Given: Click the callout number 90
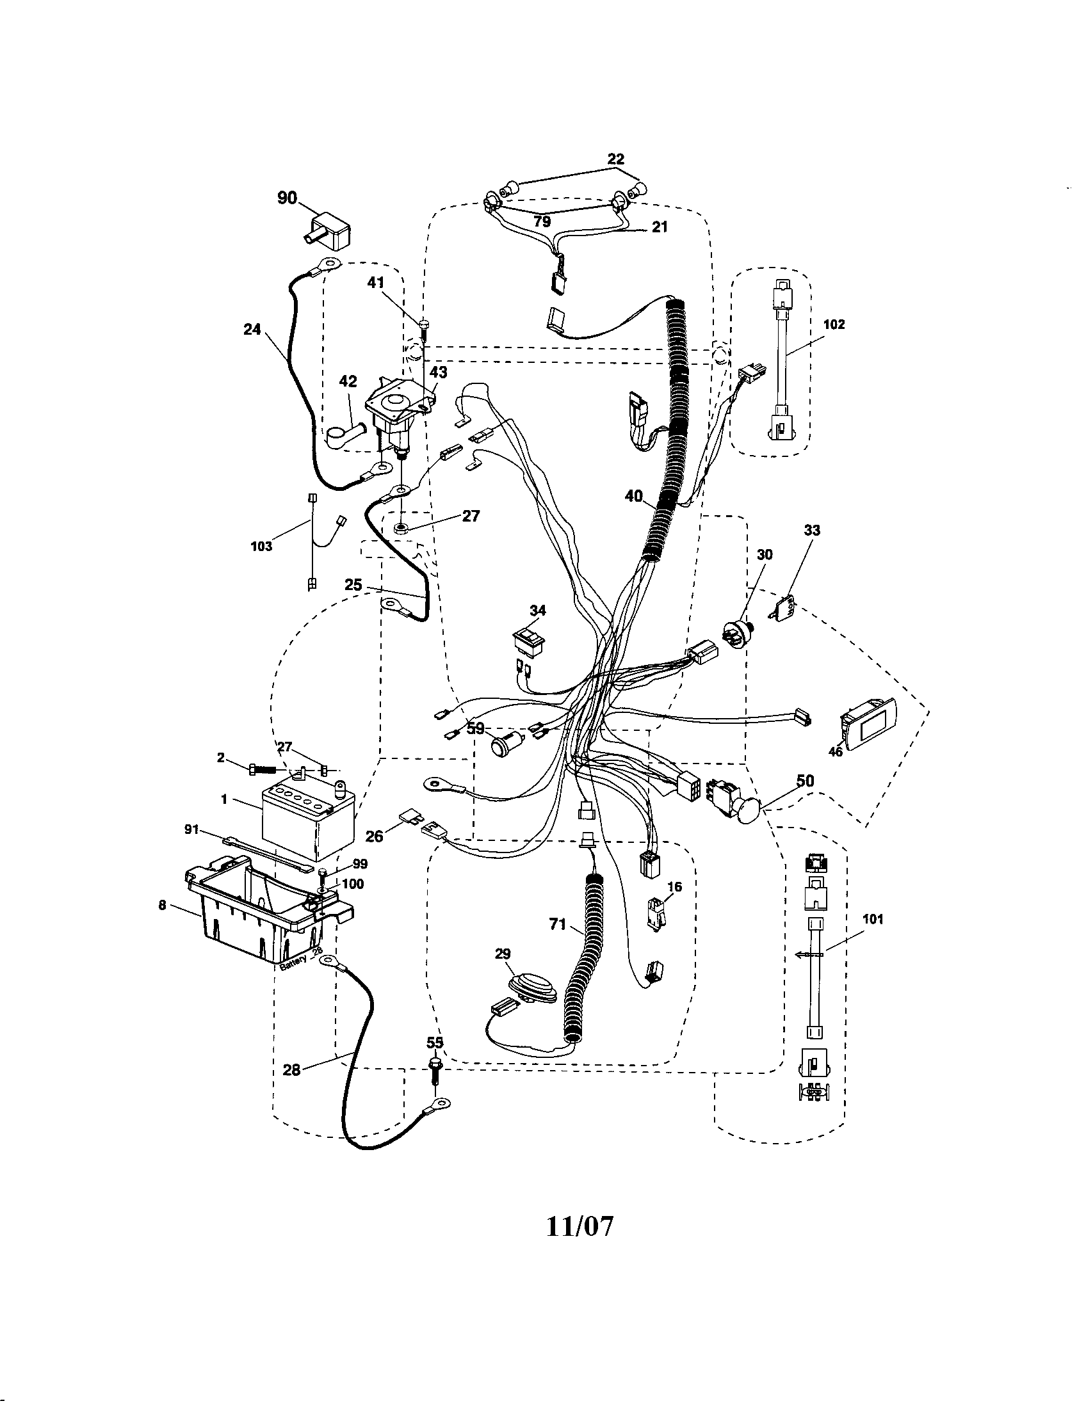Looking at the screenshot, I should click(287, 198).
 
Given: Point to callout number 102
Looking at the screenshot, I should click(834, 324).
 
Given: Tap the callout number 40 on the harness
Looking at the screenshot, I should click(634, 496).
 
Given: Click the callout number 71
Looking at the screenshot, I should click(558, 925).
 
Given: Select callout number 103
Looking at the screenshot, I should click(261, 547).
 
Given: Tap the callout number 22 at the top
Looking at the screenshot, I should click(616, 159).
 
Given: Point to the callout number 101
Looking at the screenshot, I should click(873, 920).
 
